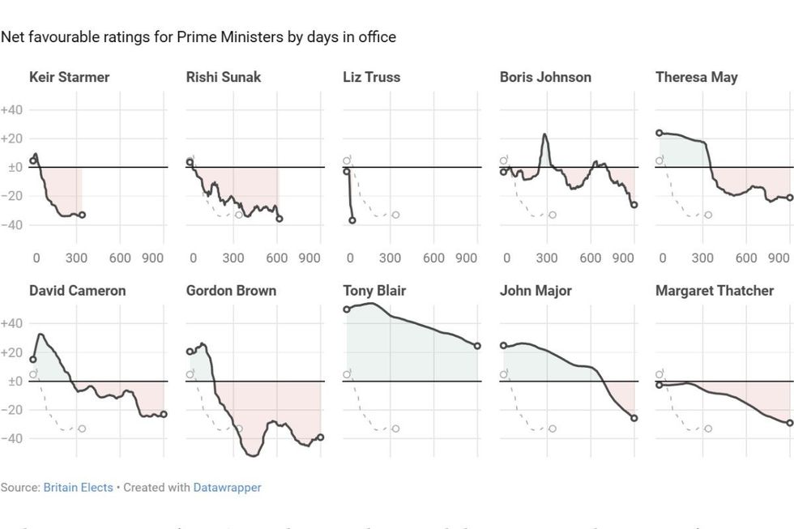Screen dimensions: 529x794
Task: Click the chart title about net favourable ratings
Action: pos(198,37)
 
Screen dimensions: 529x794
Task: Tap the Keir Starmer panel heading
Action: pos(69,78)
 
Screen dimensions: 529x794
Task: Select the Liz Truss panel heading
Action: pos(371,78)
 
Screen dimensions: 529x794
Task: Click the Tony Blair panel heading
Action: pos(374,291)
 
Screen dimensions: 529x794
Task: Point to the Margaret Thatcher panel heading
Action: pos(714,291)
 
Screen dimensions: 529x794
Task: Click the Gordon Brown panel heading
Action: pos(231,291)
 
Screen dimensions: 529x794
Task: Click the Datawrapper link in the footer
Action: pos(227,488)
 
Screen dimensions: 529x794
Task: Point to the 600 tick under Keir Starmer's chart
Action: pos(120,258)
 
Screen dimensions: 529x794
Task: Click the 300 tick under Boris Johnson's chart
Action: pos(547,258)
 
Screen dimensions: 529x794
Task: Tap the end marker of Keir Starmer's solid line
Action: pos(82,215)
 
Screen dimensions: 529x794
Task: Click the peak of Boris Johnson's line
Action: pos(544,134)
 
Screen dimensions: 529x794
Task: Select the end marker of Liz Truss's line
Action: pos(352,220)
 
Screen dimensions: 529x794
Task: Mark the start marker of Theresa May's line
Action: pos(660,133)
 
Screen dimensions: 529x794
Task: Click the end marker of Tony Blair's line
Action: pos(477,346)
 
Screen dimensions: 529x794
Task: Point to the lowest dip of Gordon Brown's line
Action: pos(252,455)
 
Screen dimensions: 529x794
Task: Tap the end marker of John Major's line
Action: pos(634,418)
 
